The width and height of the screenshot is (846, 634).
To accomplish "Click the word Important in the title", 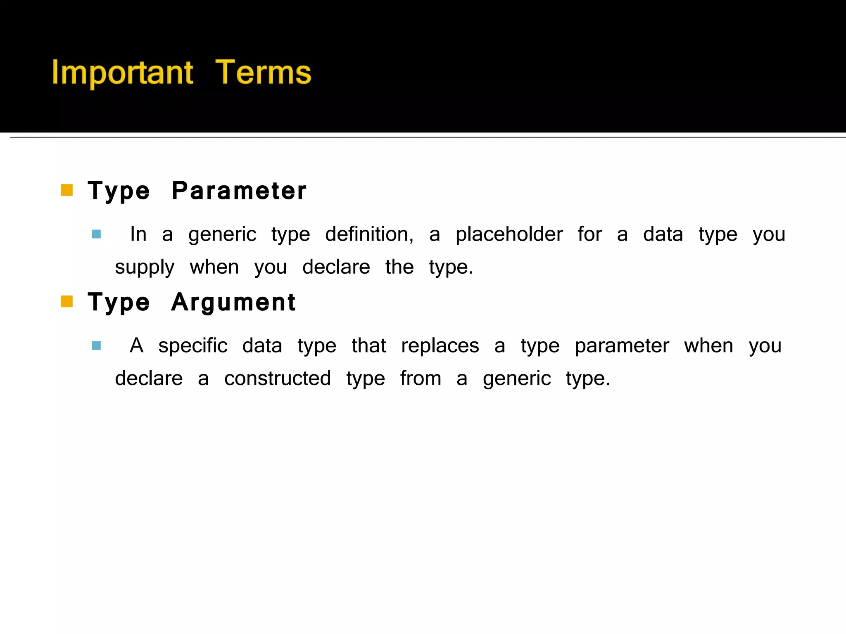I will click(122, 73).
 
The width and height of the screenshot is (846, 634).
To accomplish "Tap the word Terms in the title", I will click(263, 73).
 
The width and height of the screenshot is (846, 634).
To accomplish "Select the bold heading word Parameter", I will click(239, 191).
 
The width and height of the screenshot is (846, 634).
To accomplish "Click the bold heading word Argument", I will click(233, 302).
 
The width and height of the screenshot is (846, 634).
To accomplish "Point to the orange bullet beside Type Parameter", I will click(67, 190).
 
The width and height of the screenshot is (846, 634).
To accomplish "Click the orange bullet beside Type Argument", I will click(67, 302).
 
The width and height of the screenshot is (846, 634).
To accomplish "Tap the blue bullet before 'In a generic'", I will click(96, 234).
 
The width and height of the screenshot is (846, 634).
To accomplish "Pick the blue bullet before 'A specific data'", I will click(96, 346).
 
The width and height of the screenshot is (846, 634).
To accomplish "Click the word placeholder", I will click(509, 234).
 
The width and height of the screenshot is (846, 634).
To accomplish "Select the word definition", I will click(369, 234).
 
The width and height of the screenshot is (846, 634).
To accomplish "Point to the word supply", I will click(145, 267).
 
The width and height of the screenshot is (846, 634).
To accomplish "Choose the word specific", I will click(192, 346).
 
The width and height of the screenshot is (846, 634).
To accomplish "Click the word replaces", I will click(440, 346).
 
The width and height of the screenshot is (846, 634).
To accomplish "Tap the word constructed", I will click(277, 379).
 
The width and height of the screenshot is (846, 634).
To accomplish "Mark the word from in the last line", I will click(421, 379).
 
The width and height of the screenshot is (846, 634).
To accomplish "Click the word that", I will click(369, 346).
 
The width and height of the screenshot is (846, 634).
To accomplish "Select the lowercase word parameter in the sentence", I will click(622, 346).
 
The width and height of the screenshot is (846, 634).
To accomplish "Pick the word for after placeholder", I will click(589, 234).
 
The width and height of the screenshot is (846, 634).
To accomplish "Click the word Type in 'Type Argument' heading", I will click(119, 302).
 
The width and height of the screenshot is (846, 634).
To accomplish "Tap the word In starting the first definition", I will click(138, 234).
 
